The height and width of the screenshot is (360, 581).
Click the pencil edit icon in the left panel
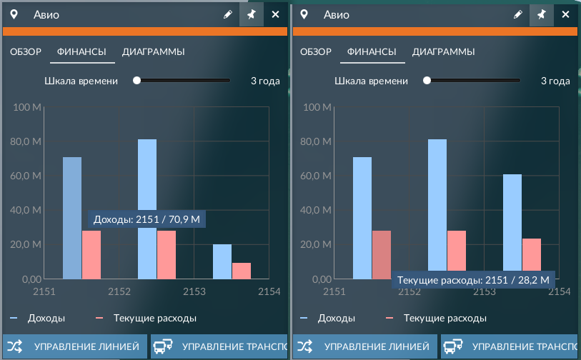click(x=228, y=14)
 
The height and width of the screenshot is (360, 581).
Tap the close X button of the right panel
click(x=565, y=14)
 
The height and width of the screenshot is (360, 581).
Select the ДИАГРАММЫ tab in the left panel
click(x=154, y=52)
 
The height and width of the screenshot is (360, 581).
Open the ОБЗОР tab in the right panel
click(x=316, y=52)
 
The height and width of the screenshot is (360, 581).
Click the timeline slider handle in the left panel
click(x=136, y=81)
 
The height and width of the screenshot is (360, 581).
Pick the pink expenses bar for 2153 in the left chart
click(x=242, y=271)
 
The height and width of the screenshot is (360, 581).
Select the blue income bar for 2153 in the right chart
click(x=512, y=222)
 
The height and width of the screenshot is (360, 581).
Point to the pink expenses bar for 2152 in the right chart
click(x=457, y=251)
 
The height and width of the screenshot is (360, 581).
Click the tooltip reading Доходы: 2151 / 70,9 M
click(x=147, y=219)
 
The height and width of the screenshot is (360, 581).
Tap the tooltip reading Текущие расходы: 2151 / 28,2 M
click(x=473, y=279)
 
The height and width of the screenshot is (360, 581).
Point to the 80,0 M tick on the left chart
click(x=26, y=141)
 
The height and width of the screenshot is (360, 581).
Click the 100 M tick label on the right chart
click(x=317, y=107)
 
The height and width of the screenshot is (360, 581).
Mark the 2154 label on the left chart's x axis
click(x=269, y=291)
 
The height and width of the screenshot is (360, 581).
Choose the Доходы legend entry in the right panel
click(x=327, y=318)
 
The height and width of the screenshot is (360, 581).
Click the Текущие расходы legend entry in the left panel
click(x=146, y=318)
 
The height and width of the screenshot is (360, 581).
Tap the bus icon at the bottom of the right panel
click(x=453, y=346)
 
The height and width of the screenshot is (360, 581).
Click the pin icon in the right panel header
click(x=542, y=14)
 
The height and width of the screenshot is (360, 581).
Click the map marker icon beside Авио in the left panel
click(x=14, y=14)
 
